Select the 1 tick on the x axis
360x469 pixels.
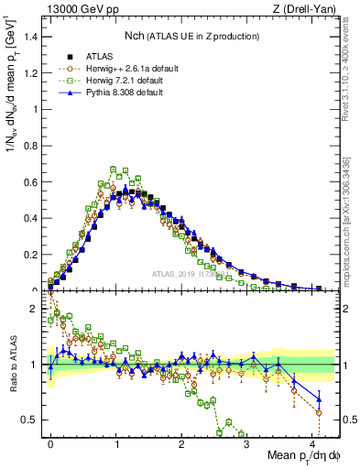(116, 442)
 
